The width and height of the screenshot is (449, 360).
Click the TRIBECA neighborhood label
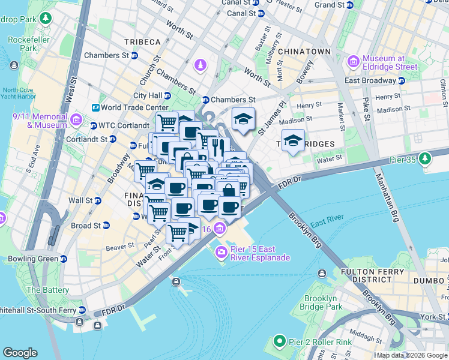click(x=142, y=41)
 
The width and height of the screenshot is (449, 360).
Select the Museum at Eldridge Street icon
click(x=353, y=62)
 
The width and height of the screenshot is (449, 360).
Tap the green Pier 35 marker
click(x=425, y=158)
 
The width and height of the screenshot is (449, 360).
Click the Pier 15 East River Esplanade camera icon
click(x=221, y=252)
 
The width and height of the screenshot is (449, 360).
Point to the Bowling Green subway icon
click(x=64, y=259)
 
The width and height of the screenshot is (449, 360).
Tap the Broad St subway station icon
click(x=106, y=226)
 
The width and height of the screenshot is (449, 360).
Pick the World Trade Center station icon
click(x=95, y=107)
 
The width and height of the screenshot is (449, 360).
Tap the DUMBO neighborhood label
click(x=428, y=279)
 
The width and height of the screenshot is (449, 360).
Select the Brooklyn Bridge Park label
click(x=324, y=302)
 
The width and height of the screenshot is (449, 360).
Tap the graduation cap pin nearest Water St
click(x=292, y=142)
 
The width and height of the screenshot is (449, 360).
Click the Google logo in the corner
click(x=20, y=353)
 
